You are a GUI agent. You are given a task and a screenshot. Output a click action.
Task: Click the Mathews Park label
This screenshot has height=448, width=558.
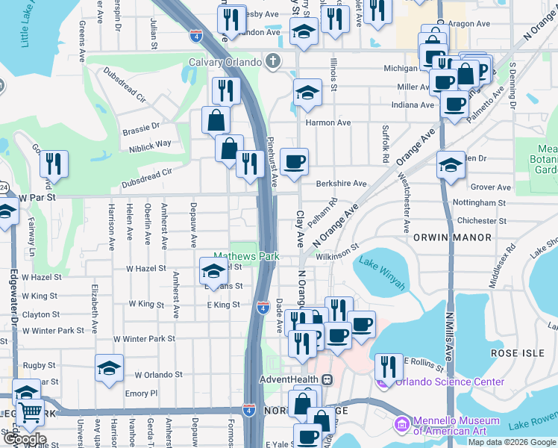tap(246, 256)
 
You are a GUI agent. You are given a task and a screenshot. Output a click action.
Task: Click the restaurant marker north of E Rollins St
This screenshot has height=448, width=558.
tap(388, 367)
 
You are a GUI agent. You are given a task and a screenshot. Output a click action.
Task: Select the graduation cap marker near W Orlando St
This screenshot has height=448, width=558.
tap(109, 368)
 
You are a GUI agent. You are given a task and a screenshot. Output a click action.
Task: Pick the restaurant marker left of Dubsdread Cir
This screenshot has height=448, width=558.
tap(54, 164)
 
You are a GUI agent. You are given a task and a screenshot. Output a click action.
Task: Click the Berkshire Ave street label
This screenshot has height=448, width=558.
tap(341, 183)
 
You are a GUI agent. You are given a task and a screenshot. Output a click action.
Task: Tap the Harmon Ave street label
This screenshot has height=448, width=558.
tap(327, 122)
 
